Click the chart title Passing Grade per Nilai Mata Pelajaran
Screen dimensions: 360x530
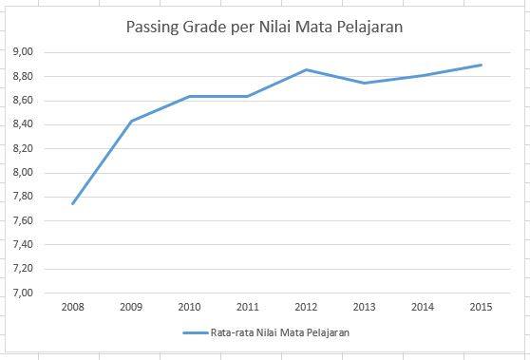[265, 28]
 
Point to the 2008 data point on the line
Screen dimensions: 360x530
[72, 203]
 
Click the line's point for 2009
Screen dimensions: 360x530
[130, 121]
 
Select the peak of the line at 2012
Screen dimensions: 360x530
[306, 69]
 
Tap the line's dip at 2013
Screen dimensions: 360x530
[364, 83]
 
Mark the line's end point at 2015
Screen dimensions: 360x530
[481, 65]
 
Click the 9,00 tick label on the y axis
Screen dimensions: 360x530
[21, 51]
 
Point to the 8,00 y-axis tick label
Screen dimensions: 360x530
[21, 173]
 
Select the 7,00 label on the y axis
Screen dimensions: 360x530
[21, 294]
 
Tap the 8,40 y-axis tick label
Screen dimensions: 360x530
[21, 124]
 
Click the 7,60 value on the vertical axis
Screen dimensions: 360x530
[21, 221]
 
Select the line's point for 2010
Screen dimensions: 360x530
[189, 96]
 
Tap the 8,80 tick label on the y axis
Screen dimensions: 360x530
[21, 76]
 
